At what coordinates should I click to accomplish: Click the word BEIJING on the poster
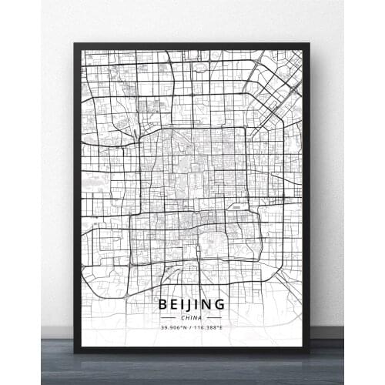[192, 304]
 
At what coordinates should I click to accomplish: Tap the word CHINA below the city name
[192, 317]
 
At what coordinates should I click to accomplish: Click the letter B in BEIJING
[163, 304]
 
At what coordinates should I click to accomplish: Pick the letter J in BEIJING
[192, 304]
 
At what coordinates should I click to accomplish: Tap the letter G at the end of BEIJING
[222, 304]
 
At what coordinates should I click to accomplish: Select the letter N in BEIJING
[209, 304]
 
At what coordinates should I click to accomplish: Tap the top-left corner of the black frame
[75, 45]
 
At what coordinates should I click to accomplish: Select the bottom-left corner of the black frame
[75, 351]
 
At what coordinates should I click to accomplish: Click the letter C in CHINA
[183, 317]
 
